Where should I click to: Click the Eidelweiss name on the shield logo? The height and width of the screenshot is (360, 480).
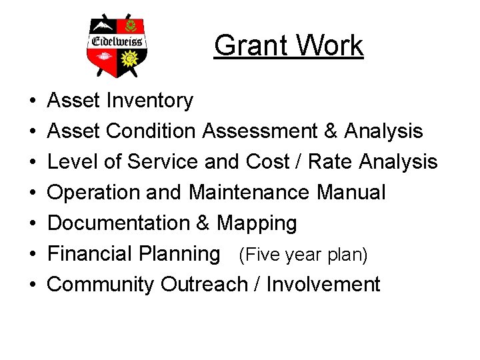tap(117, 41)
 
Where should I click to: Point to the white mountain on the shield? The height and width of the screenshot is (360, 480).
tap(103, 26)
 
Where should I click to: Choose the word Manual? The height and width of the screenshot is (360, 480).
tap(351, 193)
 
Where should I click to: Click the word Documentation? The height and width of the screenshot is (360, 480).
tap(119, 223)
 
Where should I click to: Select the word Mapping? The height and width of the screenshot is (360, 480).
tap(257, 224)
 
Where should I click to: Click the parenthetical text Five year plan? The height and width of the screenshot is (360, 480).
tap(303, 255)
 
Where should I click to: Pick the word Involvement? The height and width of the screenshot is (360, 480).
tap(323, 285)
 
